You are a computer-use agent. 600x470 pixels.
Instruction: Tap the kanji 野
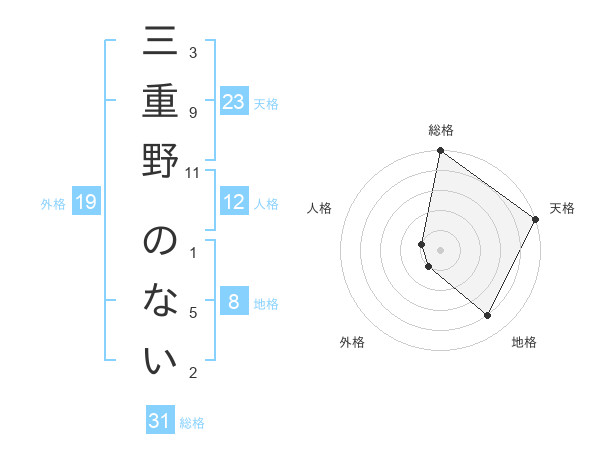tap(160, 161)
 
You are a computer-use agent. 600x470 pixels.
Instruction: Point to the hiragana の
tap(160, 243)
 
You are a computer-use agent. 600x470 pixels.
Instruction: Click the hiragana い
tap(160, 360)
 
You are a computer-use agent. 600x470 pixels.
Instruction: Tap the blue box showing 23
tap(233, 101)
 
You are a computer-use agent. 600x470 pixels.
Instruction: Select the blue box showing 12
tap(233, 202)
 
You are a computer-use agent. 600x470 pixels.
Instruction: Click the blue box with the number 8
tap(233, 302)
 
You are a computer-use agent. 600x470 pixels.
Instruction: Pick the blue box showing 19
tap(86, 203)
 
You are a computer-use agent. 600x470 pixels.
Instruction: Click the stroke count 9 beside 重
tap(193, 112)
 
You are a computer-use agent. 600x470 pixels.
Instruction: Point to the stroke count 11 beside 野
tap(193, 172)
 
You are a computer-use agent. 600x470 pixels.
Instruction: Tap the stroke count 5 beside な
tap(193, 313)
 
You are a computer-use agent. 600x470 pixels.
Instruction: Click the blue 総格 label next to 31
tap(192, 423)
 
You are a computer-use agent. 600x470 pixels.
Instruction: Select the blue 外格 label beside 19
tap(53, 204)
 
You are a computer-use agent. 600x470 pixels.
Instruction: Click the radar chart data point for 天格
tap(536, 220)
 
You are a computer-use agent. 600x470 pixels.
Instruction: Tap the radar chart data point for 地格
tap(487, 316)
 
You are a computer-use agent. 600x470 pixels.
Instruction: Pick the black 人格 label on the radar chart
tap(320, 208)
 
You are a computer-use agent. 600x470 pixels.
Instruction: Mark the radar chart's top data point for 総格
tap(440, 152)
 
